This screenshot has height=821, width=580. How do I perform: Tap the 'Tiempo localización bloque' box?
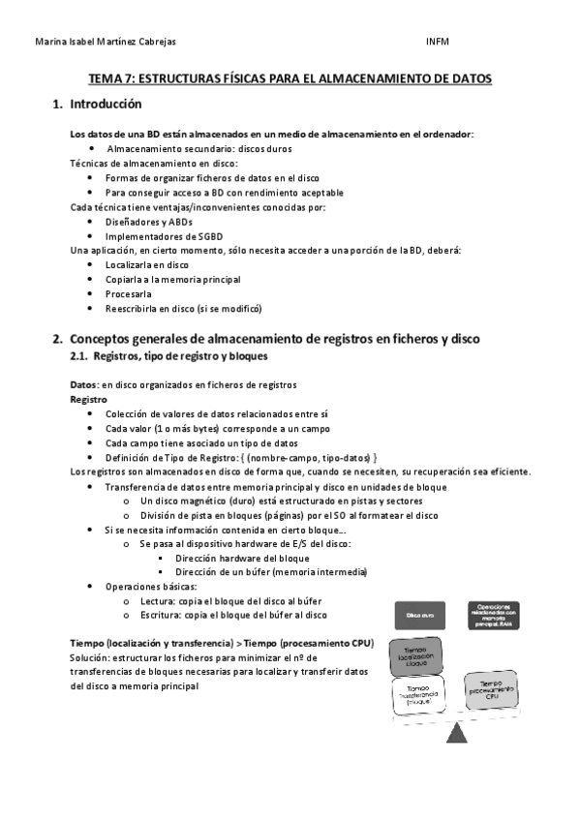click(416, 657)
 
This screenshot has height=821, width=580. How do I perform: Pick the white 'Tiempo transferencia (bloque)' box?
click(417, 695)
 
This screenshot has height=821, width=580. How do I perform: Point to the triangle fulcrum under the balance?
click(456, 735)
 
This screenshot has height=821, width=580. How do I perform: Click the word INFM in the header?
click(437, 42)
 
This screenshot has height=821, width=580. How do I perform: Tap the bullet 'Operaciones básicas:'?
click(150, 587)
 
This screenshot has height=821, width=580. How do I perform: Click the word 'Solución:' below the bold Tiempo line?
click(91, 657)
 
